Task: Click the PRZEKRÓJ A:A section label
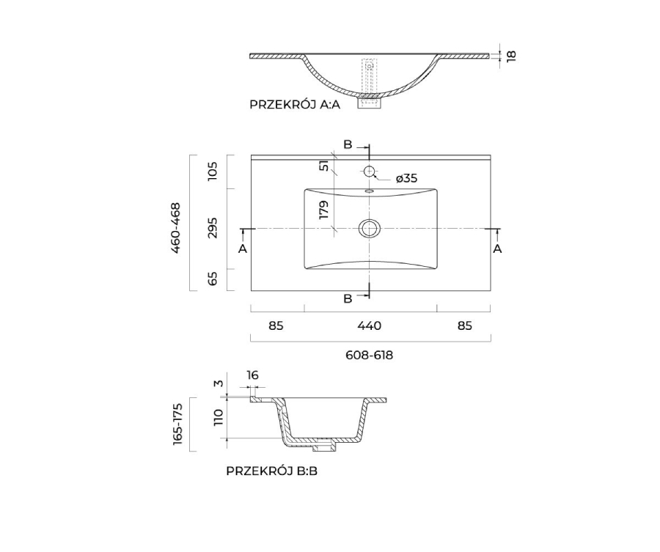pyautogui.click(x=295, y=104)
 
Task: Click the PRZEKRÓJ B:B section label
pyautogui.click(x=271, y=471)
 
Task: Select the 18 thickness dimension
pyautogui.click(x=511, y=56)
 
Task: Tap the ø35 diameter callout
pyautogui.click(x=406, y=178)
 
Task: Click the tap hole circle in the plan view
pyautogui.click(x=369, y=172)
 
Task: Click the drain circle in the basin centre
pyautogui.click(x=369, y=229)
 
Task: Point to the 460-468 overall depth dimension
pyautogui.click(x=175, y=227)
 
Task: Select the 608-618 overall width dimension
pyautogui.click(x=369, y=355)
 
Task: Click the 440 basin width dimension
pyautogui.click(x=369, y=325)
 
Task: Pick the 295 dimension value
pyautogui.click(x=213, y=227)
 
